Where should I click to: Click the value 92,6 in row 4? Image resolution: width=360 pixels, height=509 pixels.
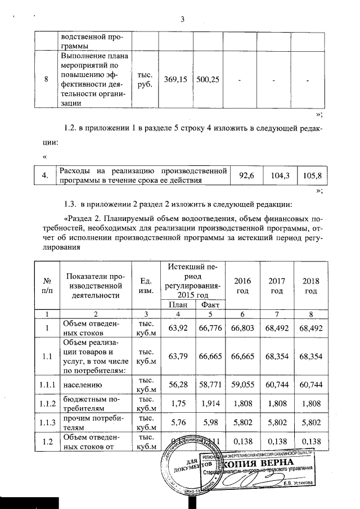[247, 176]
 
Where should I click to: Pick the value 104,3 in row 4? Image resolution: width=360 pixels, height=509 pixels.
[280, 176]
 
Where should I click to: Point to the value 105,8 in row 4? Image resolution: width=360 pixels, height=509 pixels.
[311, 176]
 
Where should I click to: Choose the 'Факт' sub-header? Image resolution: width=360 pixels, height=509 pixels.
[206, 304]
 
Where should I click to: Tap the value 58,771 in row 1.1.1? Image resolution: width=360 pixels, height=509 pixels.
[206, 386]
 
